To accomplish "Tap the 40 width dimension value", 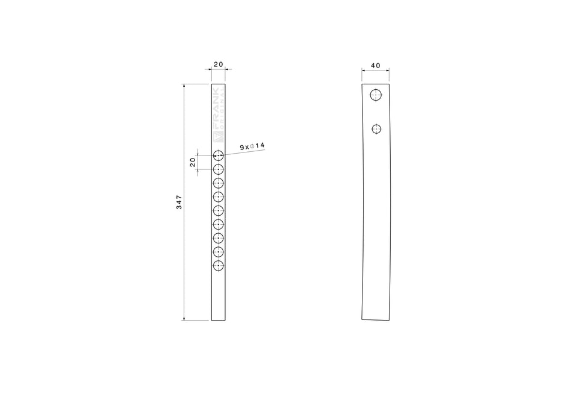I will pyautogui.click(x=376, y=64).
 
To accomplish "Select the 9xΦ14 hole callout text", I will pyautogui.click(x=252, y=146).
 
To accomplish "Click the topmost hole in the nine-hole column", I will pyautogui.click(x=218, y=155).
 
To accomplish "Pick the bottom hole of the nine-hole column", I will pyautogui.click(x=218, y=266).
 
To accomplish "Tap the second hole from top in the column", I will pyautogui.click(x=218, y=169).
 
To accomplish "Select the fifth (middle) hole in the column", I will pyautogui.click(x=218, y=210).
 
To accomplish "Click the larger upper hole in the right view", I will pyautogui.click(x=376, y=95).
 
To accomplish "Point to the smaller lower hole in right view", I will pyautogui.click(x=377, y=128).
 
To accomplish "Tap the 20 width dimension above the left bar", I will pyautogui.click(x=218, y=64).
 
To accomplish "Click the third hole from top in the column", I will pyautogui.click(x=218, y=183).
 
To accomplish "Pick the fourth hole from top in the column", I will pyautogui.click(x=218, y=197).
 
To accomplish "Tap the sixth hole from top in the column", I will pyautogui.click(x=218, y=224).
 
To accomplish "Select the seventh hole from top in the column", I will pyautogui.click(x=218, y=238).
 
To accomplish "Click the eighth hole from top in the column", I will pyautogui.click(x=218, y=252).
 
